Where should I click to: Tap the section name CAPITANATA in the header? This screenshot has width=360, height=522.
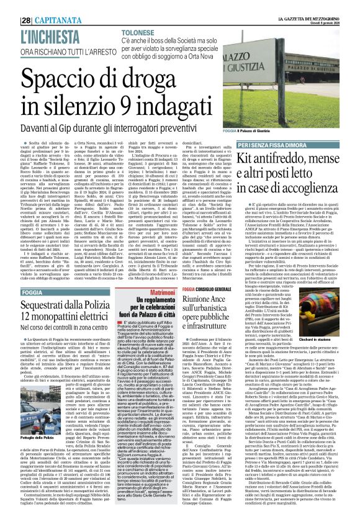pos(43,7)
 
